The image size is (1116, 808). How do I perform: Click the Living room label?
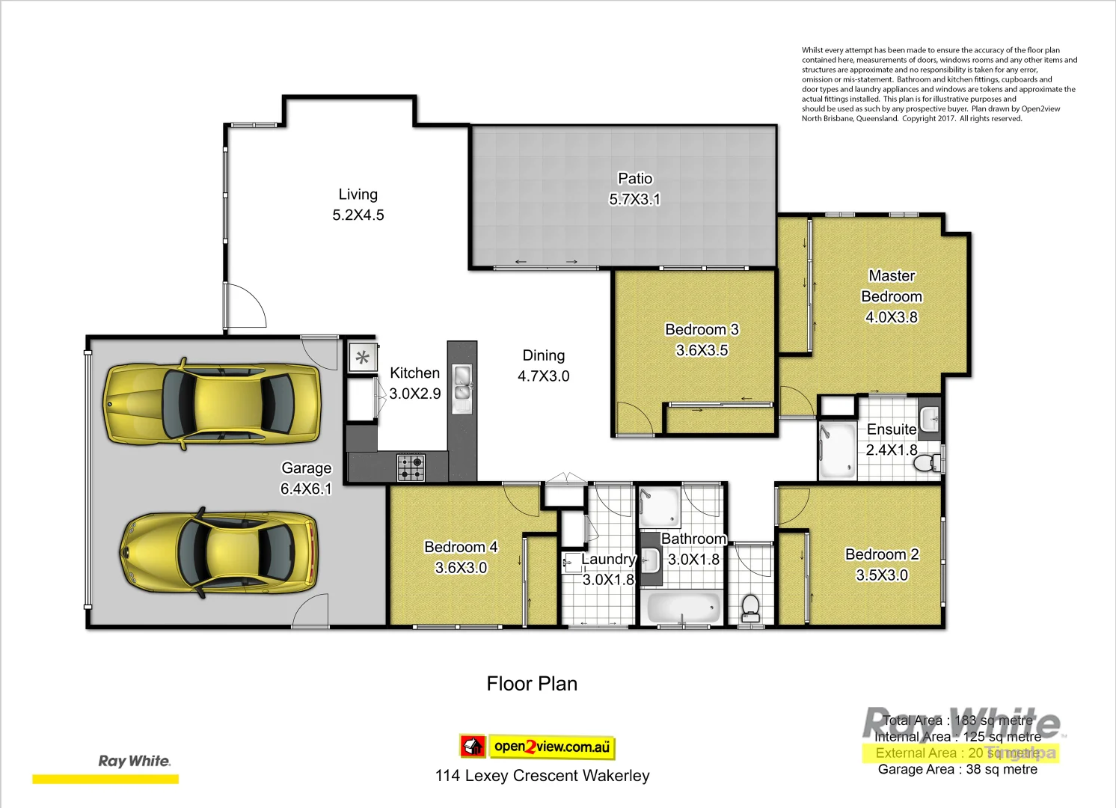(358, 195)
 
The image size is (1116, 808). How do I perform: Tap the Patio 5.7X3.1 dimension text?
(634, 200)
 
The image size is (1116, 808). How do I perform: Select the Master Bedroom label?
(891, 287)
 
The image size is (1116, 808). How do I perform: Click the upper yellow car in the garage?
(212, 404)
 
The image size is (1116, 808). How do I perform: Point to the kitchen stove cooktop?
(411, 468)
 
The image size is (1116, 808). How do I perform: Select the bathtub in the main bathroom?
(684, 607)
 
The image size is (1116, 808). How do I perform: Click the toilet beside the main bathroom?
(749, 607)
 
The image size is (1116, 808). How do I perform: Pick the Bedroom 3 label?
(702, 330)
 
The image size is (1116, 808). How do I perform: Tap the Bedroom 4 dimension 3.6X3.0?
(461, 568)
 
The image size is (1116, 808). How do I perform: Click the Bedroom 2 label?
(882, 554)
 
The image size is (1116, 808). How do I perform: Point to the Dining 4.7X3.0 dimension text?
(543, 376)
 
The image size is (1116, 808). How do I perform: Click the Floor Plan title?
(532, 684)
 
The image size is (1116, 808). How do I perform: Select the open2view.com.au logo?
(537, 746)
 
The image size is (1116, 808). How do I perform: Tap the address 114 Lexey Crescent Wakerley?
(542, 776)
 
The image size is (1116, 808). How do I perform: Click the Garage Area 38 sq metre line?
(957, 769)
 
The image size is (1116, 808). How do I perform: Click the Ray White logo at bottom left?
(135, 761)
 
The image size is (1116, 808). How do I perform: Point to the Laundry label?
(607, 560)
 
